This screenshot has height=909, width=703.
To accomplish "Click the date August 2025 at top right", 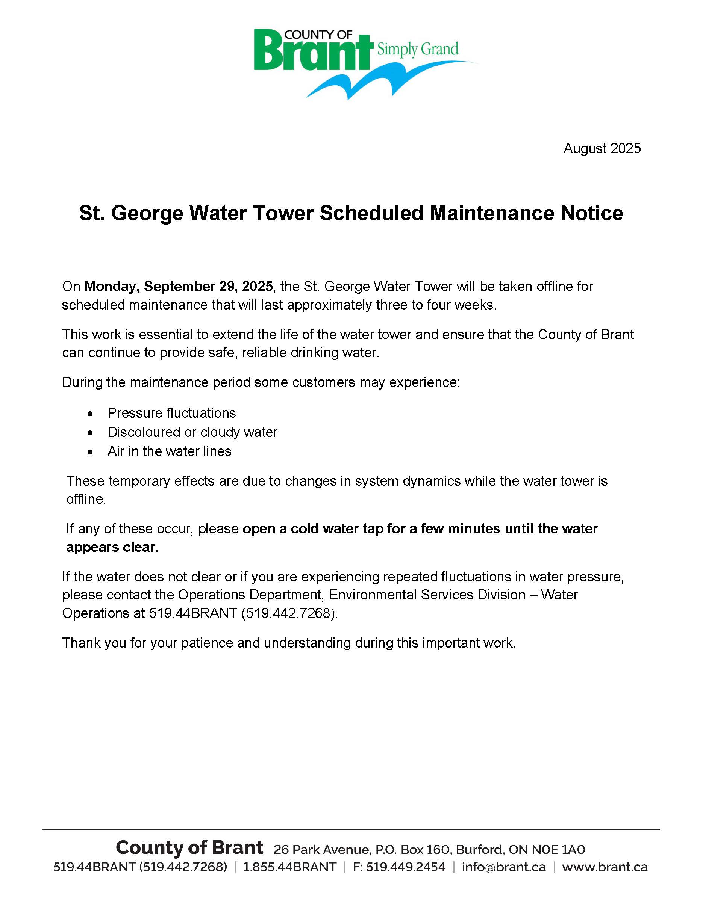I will click(601, 149).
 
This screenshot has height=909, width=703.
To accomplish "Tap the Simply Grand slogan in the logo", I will click(417, 49).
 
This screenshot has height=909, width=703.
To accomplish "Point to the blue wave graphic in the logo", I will click(375, 81).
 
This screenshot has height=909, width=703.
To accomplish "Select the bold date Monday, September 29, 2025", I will click(179, 286).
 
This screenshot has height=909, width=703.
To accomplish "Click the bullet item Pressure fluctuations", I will click(171, 413).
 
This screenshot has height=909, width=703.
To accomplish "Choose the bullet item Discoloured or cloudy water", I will click(192, 432).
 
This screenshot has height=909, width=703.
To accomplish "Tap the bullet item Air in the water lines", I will click(169, 451).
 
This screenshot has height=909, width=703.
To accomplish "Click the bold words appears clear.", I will click(112, 547).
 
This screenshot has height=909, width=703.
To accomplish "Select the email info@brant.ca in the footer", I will click(503, 867).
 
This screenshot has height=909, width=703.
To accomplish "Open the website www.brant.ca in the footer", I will click(605, 867).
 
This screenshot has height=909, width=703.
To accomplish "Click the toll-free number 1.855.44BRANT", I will click(289, 867).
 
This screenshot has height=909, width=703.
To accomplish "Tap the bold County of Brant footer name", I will click(189, 847).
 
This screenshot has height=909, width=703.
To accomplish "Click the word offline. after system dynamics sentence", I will click(86, 499).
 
